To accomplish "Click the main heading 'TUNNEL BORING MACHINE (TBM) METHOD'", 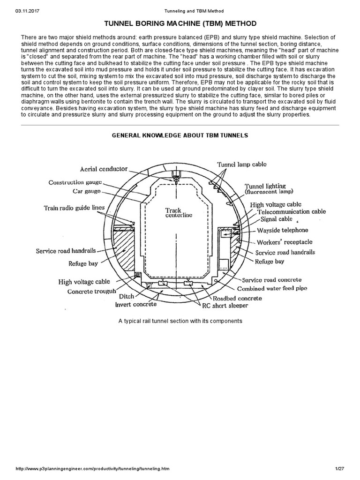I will coord(180,23).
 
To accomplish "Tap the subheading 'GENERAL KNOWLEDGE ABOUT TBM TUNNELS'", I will coord(180,135).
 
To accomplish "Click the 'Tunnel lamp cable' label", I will coord(241,164).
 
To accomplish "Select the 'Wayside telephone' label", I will coord(282,231).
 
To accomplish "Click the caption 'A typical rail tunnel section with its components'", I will coord(180,321).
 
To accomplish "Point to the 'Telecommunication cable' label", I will coord(292,212).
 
